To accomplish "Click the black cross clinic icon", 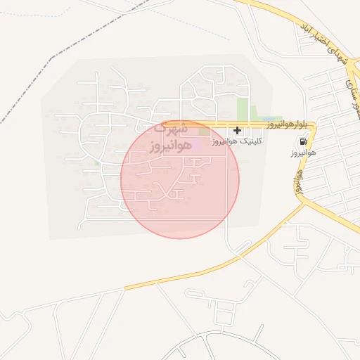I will [x=238, y=130].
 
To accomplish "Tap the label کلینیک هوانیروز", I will [x=238, y=141].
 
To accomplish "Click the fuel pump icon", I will [x=302, y=142].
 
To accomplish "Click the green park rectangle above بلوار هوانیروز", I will [x=243, y=110].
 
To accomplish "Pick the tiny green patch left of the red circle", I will [x=97, y=163].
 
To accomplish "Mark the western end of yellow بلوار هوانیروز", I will [x=163, y=124].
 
